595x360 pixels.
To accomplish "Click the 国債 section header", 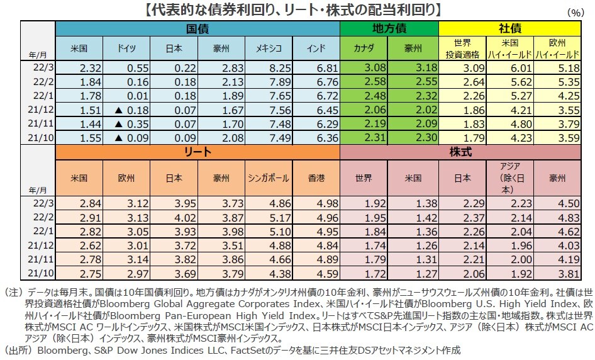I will pyautogui.click(x=197, y=29).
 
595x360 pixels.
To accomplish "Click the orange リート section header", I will pyautogui.click(x=197, y=152).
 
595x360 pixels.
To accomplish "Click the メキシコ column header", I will pyautogui.click(x=269, y=48).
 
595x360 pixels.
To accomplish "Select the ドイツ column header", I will pyautogui.click(x=126, y=48).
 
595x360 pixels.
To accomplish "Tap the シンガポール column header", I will pyautogui.click(x=269, y=178).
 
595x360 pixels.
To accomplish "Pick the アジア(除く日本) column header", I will pyautogui.click(x=509, y=178).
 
